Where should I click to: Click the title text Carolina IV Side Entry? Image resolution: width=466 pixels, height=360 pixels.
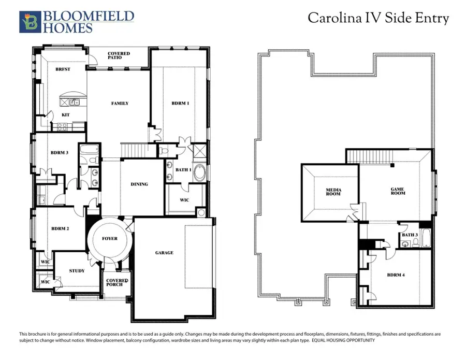[378, 18]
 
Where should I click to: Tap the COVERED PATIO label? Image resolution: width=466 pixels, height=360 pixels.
[119, 56]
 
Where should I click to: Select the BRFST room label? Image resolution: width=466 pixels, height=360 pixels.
[63, 69]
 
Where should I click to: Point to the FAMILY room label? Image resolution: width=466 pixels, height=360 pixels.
[120, 103]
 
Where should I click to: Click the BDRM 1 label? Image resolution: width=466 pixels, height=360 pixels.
[180, 103]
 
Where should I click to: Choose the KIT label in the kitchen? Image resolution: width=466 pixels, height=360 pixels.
[65, 115]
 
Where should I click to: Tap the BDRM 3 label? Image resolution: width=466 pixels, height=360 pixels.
[60, 152]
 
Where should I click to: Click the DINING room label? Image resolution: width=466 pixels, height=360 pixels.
[139, 184]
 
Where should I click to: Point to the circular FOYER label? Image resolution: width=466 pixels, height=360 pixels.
[110, 239]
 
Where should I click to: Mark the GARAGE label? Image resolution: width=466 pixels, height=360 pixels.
[164, 253]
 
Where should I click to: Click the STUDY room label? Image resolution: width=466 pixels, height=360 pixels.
[77, 270]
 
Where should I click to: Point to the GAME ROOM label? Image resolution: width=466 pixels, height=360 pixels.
[398, 191]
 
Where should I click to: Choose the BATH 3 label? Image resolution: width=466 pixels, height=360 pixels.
[410, 235]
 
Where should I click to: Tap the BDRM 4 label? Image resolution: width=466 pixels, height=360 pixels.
[396, 275]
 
